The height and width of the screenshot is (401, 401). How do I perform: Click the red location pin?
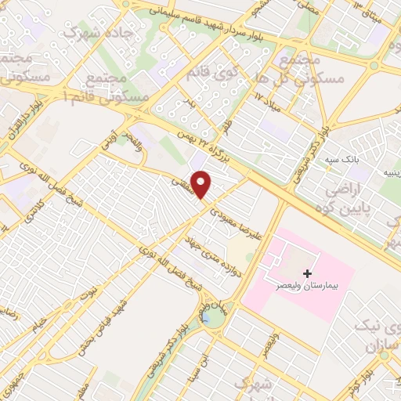pos(202,185)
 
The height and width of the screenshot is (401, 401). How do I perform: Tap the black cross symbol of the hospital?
pos(307,274)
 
